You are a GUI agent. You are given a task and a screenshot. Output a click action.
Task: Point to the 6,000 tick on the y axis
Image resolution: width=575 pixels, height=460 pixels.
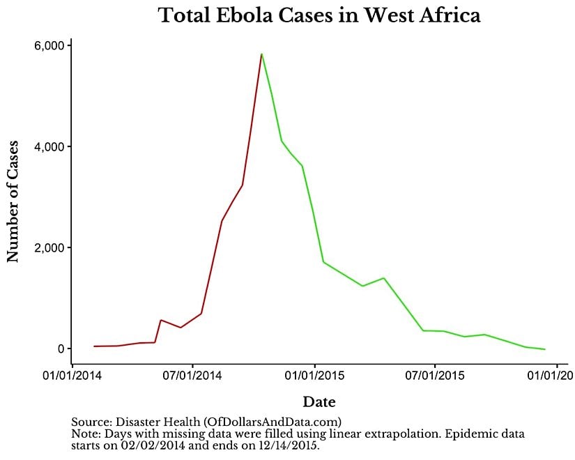tap(49, 46)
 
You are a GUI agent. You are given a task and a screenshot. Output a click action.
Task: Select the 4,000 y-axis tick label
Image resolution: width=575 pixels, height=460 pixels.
tap(49, 147)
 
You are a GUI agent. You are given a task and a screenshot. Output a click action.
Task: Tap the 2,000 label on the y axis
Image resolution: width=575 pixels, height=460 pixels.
tap(49, 248)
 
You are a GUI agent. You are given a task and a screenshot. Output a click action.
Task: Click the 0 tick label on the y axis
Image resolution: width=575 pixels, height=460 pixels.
tap(61, 349)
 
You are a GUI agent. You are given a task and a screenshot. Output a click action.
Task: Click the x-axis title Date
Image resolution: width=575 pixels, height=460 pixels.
tap(319, 402)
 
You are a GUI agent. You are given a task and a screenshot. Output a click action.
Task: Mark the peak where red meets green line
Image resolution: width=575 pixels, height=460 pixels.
tap(261, 54)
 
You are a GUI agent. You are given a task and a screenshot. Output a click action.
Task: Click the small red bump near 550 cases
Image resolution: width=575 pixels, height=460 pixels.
tap(161, 320)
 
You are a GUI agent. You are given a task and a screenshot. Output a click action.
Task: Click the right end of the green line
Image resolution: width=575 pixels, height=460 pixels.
tap(545, 349)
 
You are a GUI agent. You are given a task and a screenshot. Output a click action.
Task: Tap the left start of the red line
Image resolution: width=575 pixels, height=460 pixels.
tap(94, 346)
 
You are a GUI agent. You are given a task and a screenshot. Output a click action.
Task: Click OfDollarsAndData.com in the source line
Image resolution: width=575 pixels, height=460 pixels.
tap(271, 422)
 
